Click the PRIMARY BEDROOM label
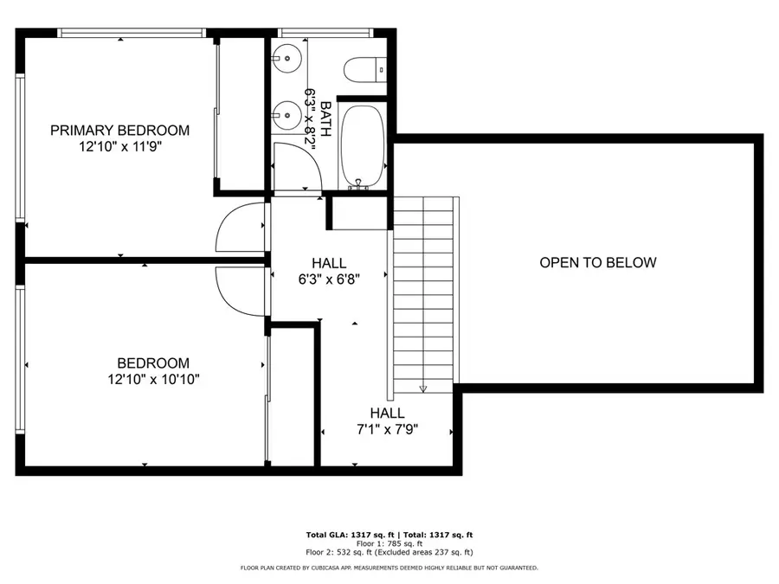coord(119,131)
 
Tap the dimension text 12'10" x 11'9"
coord(119,147)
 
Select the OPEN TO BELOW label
coord(597,263)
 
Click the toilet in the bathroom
coord(363,67)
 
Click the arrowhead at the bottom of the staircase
coord(423,388)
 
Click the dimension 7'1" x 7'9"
coord(387,429)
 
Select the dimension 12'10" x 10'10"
coord(153,379)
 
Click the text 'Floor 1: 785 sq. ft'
coord(389,543)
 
